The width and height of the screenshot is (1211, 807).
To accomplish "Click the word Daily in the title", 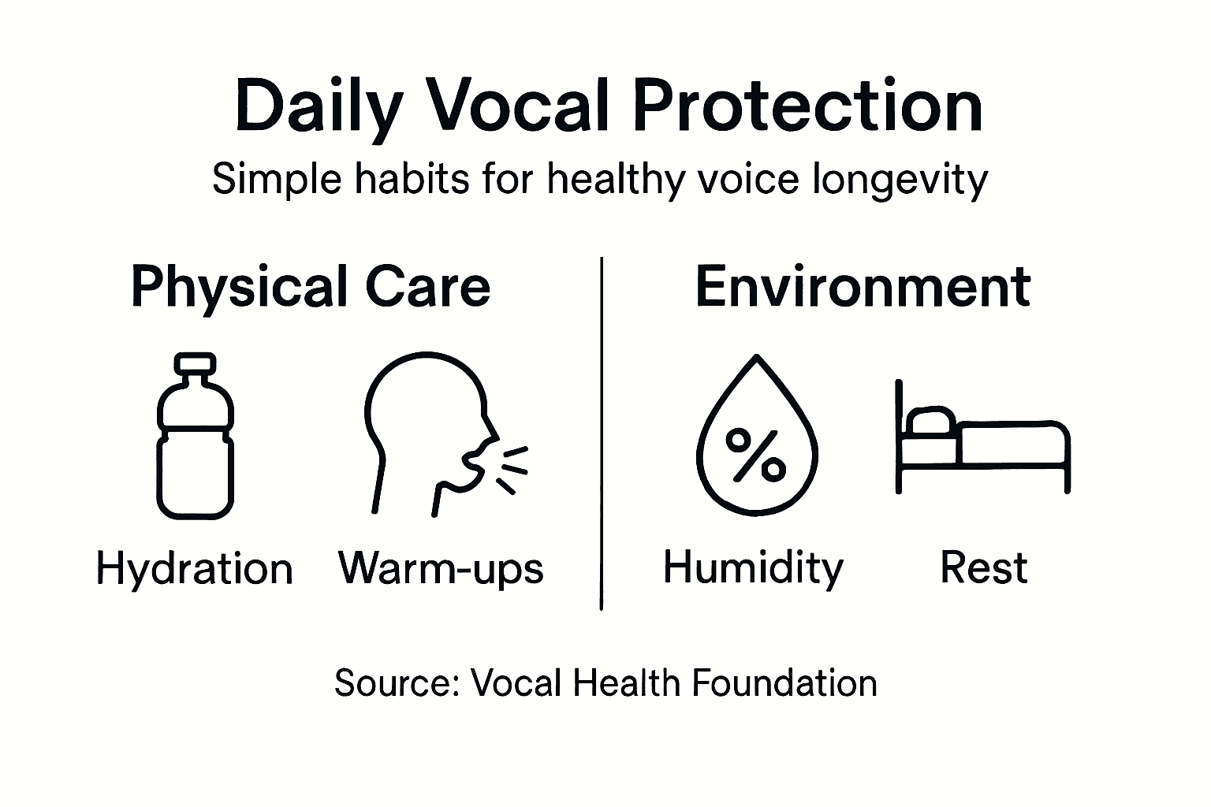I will (319, 106).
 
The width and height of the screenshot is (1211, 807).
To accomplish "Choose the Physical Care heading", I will (311, 287).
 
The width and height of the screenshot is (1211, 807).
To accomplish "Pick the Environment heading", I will (863, 287).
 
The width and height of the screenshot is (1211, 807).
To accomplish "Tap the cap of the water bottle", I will (196, 364).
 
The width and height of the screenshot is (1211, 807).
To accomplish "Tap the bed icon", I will (982, 441).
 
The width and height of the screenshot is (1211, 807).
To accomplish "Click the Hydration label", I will (194, 569).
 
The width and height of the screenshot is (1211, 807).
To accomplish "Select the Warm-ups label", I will (441, 568).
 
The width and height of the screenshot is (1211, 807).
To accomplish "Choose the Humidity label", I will (753, 568).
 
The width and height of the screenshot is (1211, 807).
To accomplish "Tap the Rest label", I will (984, 567).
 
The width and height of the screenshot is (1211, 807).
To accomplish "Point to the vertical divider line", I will (602, 433).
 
